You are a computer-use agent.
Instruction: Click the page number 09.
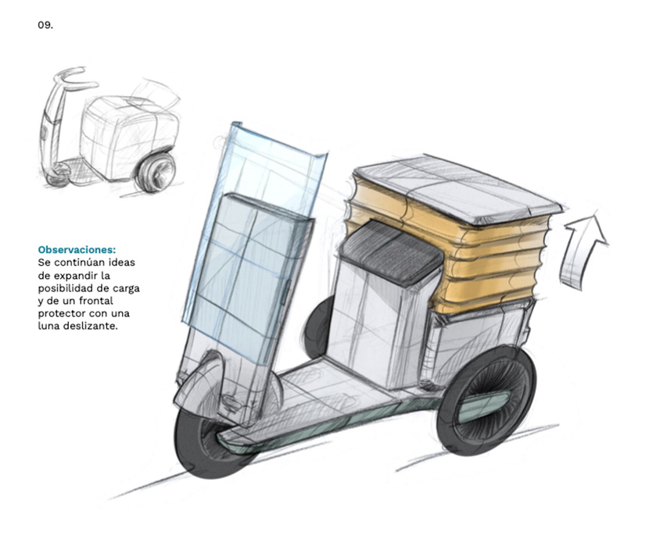45,26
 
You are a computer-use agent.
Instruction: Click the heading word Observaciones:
77,249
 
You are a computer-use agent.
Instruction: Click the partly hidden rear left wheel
317,327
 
